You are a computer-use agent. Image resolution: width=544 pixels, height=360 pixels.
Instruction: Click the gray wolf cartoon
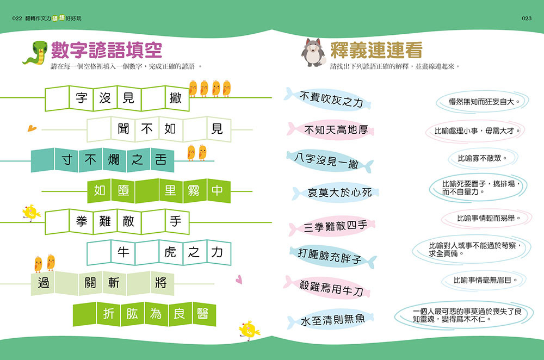(312, 53)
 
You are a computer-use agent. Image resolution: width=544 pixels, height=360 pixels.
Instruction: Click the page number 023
(526, 18)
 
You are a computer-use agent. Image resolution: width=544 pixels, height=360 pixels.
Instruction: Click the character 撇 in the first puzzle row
(176, 98)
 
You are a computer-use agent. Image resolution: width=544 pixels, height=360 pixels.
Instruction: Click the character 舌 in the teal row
(161, 160)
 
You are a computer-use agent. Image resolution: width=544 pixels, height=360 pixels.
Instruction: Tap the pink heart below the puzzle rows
(238, 280)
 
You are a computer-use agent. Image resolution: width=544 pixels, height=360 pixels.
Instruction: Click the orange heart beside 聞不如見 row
(32, 128)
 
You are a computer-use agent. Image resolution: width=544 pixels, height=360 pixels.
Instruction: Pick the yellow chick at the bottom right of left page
(249, 330)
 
